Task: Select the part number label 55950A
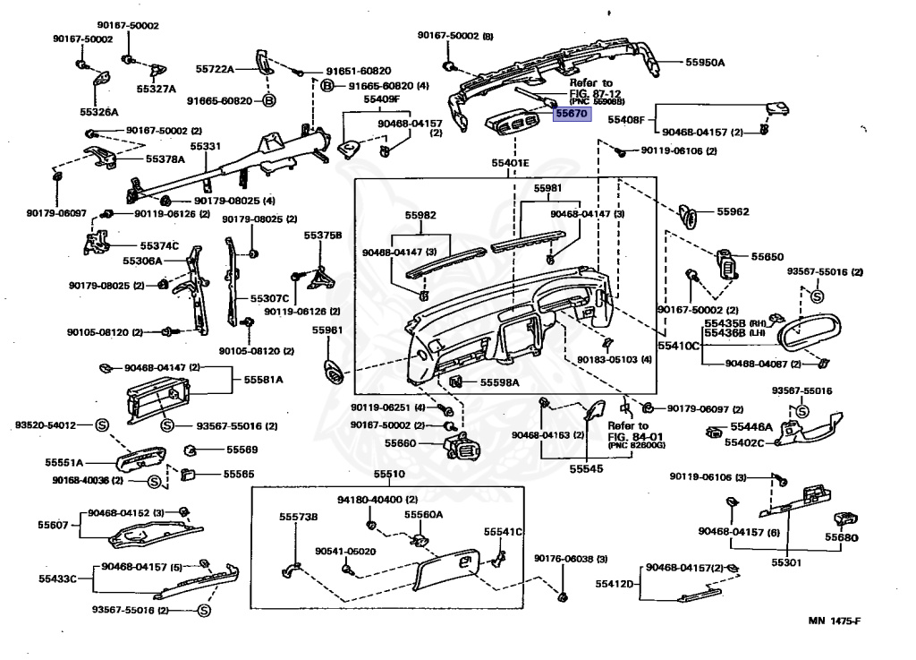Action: (705, 63)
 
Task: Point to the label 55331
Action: (205, 146)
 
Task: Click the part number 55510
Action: (389, 474)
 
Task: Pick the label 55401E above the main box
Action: (511, 163)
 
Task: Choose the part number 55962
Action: (733, 212)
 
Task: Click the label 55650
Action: (767, 256)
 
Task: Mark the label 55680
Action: (842, 538)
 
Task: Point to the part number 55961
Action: (327, 330)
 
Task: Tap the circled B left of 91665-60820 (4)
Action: (327, 86)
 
